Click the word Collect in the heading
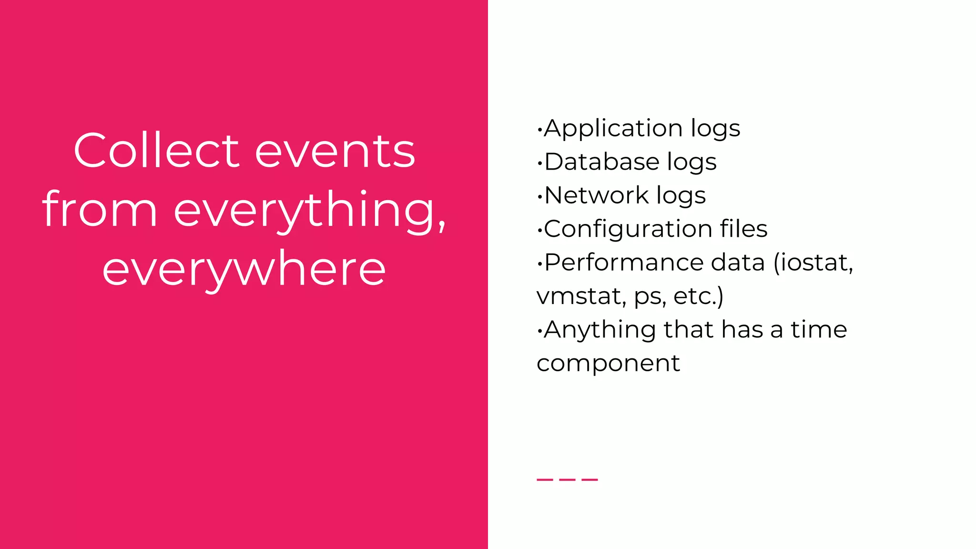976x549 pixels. pyautogui.click(x=156, y=151)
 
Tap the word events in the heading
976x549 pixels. pyautogui.click(x=335, y=152)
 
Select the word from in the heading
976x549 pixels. pyautogui.click(x=100, y=210)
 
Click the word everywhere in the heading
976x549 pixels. pyautogui.click(x=244, y=270)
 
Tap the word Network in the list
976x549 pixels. pyautogui.click(x=596, y=195)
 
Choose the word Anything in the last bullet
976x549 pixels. pyautogui.click(x=600, y=330)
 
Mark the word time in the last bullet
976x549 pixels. pyautogui.click(x=819, y=329)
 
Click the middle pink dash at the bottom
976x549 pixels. pyautogui.click(x=567, y=479)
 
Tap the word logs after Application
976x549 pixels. pyautogui.click(x=715, y=129)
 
